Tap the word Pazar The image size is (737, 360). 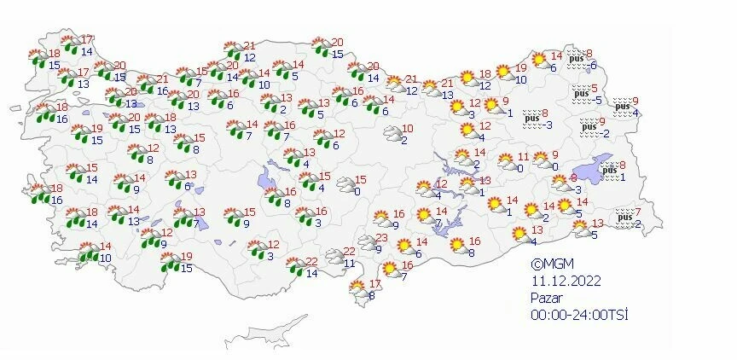click(x=546, y=298)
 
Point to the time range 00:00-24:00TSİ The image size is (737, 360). click(x=579, y=315)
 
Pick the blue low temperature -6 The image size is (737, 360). click(x=593, y=66)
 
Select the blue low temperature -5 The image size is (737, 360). click(x=597, y=100)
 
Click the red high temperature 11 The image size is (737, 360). click(x=523, y=157)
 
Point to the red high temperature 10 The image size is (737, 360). click(x=408, y=129)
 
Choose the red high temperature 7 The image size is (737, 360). click(x=638, y=212)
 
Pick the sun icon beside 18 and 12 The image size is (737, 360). click(x=467, y=78)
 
